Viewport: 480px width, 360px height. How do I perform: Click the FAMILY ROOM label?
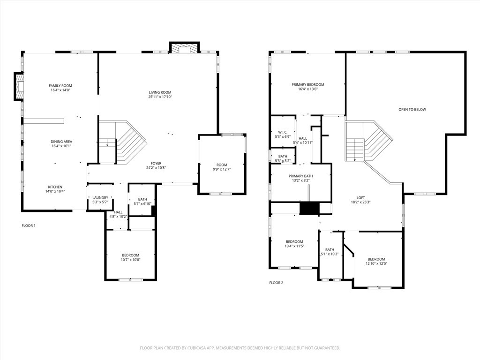60,86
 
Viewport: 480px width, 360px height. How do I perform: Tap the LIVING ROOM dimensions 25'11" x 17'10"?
160,97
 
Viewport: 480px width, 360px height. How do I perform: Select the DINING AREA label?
61,142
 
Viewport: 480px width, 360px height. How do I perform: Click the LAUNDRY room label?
100,198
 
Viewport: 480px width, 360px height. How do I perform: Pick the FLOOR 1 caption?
29,226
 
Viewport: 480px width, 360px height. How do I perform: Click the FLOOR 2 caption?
276,283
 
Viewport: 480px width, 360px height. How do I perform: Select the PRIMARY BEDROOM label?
308,85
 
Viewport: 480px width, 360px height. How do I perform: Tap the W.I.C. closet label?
283,132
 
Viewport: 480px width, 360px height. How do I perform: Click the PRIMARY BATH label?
300,176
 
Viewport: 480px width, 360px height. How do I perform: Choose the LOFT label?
360,198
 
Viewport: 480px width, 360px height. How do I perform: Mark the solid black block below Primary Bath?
309,208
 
